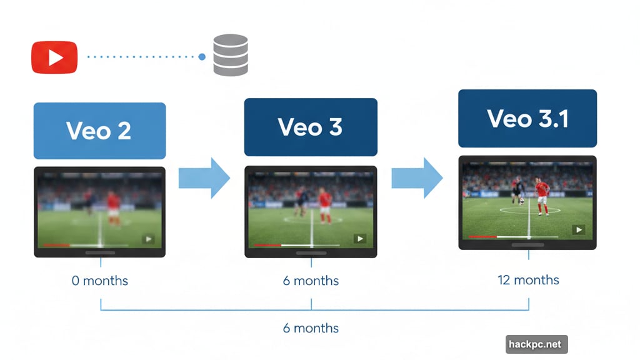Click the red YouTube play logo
pos(54,57)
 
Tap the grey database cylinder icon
pos(231,56)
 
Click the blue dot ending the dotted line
pos(202,57)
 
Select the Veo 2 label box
pos(99,131)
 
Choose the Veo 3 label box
pos(311,127)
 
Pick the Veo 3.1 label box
pos(527,119)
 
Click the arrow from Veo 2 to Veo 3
pos(204,178)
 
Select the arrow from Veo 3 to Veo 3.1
pos(417,178)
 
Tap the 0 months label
pos(100,281)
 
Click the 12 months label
pos(528,279)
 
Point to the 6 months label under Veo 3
pos(311,281)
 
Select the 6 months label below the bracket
pos(311,328)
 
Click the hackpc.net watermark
pos(536,344)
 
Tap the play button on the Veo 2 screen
pos(148,238)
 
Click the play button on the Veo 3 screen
pos(359,238)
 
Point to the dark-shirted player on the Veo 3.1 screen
pos(517,191)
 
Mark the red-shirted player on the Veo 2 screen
pos(113,207)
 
